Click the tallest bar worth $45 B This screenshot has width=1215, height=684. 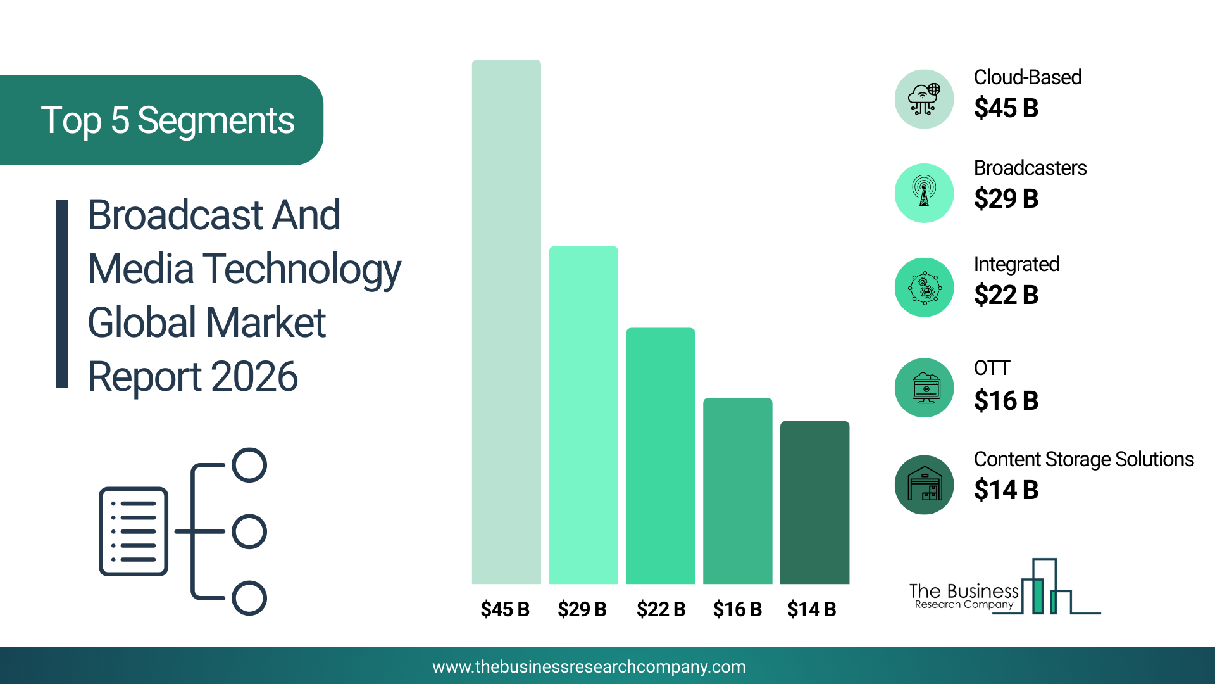tap(506, 322)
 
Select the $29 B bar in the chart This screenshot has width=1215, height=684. tap(583, 415)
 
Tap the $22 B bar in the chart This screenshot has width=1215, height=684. tap(661, 456)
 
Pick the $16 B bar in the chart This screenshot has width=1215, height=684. tap(738, 491)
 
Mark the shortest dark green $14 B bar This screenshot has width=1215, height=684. tap(815, 502)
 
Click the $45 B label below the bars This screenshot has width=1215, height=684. tap(505, 609)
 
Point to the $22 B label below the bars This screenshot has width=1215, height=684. tap(661, 609)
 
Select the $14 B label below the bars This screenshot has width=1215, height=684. tap(812, 609)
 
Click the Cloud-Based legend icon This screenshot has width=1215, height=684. tap(925, 99)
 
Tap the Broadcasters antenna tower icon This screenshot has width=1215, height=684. tap(925, 193)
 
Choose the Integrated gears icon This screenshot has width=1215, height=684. tap(925, 288)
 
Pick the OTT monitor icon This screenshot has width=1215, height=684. tap(925, 388)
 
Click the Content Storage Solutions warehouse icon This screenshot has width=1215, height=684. tap(925, 485)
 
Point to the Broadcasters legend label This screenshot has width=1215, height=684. tap(1030, 168)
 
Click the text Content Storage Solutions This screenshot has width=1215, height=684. tap(1084, 459)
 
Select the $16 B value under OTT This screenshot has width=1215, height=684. tap(1006, 401)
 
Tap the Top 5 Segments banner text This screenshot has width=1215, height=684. tap(168, 120)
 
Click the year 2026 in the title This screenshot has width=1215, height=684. tap(254, 377)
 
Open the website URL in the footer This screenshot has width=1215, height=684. tap(589, 667)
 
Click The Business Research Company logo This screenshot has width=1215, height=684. tap(1005, 587)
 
